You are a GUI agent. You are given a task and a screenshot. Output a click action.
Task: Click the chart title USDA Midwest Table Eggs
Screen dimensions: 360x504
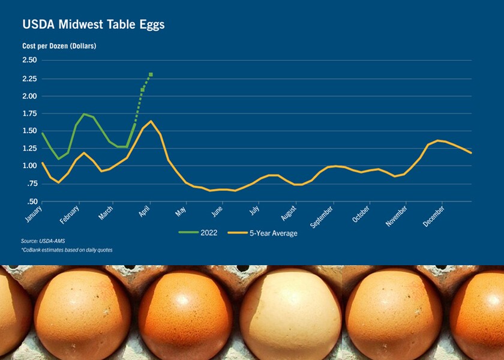[x=94, y=25]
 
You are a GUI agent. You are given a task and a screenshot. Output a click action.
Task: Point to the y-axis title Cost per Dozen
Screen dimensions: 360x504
[x=59, y=46]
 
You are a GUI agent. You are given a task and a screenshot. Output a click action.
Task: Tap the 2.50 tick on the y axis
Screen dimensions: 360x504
[x=29, y=60]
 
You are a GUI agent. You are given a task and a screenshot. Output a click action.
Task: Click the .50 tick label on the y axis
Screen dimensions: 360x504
[x=31, y=201]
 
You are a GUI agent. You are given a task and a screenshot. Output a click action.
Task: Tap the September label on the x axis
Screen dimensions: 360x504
[x=322, y=217]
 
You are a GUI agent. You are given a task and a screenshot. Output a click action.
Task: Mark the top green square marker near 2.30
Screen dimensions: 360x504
[x=151, y=74]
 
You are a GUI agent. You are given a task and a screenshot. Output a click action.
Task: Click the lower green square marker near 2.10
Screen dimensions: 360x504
[x=142, y=89]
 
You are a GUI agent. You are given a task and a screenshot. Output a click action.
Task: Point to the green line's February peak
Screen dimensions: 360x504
[x=85, y=114]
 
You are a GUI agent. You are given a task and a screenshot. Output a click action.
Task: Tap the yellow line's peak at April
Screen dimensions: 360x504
[x=150, y=121]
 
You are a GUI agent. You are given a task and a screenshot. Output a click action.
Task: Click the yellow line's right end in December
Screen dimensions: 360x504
[x=471, y=153]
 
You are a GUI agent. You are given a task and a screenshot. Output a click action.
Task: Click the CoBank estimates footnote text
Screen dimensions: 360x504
[x=67, y=250]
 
